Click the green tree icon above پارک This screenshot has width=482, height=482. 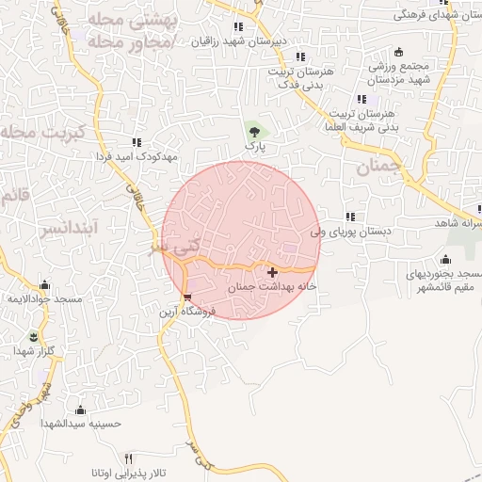(251, 130)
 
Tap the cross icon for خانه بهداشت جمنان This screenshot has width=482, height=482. (273, 272)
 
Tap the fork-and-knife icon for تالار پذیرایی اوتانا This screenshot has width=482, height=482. (129, 458)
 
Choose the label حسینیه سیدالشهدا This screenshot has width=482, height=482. (81, 424)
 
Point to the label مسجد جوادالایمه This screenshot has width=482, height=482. (41, 298)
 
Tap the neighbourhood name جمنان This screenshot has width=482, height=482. (379, 168)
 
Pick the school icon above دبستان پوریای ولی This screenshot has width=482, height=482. (351, 216)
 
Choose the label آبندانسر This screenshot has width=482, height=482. (64, 228)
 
